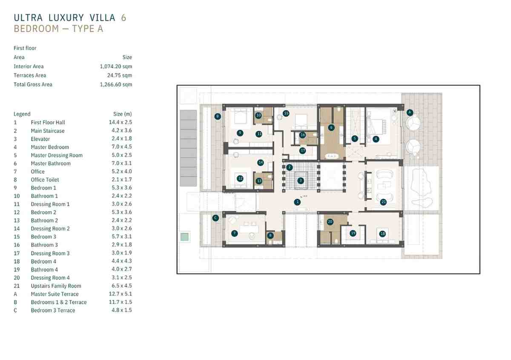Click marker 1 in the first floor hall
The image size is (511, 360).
point(297,202)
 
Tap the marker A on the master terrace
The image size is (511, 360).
point(410,112)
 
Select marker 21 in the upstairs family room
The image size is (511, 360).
point(383,202)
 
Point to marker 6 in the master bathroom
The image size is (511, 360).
point(331,127)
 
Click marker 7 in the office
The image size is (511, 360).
point(235,233)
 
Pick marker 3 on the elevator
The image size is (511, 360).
point(301,181)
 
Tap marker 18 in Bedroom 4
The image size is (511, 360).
point(382,233)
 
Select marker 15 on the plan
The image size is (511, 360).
point(286,113)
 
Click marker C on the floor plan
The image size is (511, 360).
point(215,218)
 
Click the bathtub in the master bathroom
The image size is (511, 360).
point(332,156)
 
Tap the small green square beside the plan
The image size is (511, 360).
point(184,237)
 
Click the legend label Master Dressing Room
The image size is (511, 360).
point(57,155)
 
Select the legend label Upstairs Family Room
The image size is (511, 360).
point(56,286)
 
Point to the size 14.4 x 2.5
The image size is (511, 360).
point(120,122)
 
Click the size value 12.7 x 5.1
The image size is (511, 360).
point(120,294)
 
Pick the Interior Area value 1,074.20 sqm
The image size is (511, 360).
point(116,66)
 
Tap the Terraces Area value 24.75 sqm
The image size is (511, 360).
point(120,75)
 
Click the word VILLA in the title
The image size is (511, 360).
point(103,17)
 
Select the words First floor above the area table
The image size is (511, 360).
point(25,48)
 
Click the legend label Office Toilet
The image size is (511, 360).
point(45,180)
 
